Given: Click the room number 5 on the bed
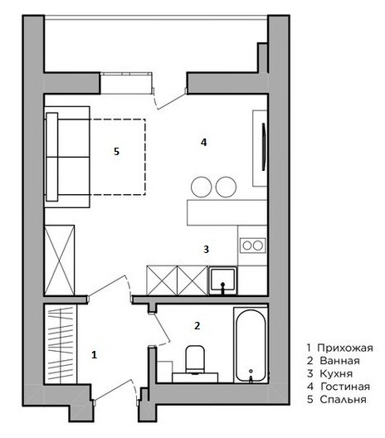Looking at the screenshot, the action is pyautogui.click(x=116, y=152).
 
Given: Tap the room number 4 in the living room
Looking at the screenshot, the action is pyautogui.click(x=203, y=143).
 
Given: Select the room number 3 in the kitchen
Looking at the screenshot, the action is pyautogui.click(x=206, y=249).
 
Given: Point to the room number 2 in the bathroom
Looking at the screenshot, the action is pyautogui.click(x=197, y=325).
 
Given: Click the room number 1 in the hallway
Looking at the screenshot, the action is pyautogui.click(x=94, y=355).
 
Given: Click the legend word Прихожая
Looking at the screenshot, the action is pyautogui.click(x=345, y=348).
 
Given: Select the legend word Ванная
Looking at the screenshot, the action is pyautogui.click(x=339, y=361).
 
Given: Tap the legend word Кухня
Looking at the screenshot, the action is pyautogui.click(x=336, y=374).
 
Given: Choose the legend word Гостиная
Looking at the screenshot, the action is pyautogui.click(x=345, y=387).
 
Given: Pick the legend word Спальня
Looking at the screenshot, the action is pyautogui.click(x=343, y=400).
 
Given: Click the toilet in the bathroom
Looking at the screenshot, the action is pyautogui.click(x=195, y=360).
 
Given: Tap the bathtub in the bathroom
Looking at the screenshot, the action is pyautogui.click(x=251, y=346).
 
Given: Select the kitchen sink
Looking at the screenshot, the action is pyautogui.click(x=223, y=280).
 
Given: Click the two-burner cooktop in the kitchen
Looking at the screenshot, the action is pyautogui.click(x=253, y=246).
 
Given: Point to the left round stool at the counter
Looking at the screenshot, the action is pyautogui.click(x=201, y=187).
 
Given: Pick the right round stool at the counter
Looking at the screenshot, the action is pyautogui.click(x=226, y=187).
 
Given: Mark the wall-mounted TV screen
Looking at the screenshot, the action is pyautogui.click(x=263, y=147).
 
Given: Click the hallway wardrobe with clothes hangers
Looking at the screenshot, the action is pyautogui.click(x=61, y=344).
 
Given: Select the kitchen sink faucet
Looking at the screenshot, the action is pyautogui.click(x=222, y=289).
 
